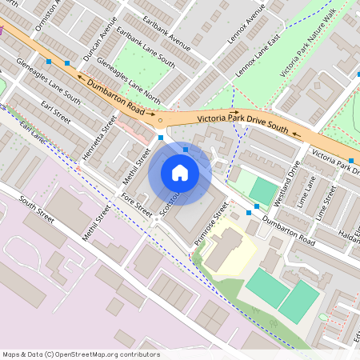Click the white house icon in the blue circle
click(180, 172)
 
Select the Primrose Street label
click(210, 226)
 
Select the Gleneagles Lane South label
click(50, 88)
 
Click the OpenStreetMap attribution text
click(80, 354)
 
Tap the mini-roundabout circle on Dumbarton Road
click(160, 121)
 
